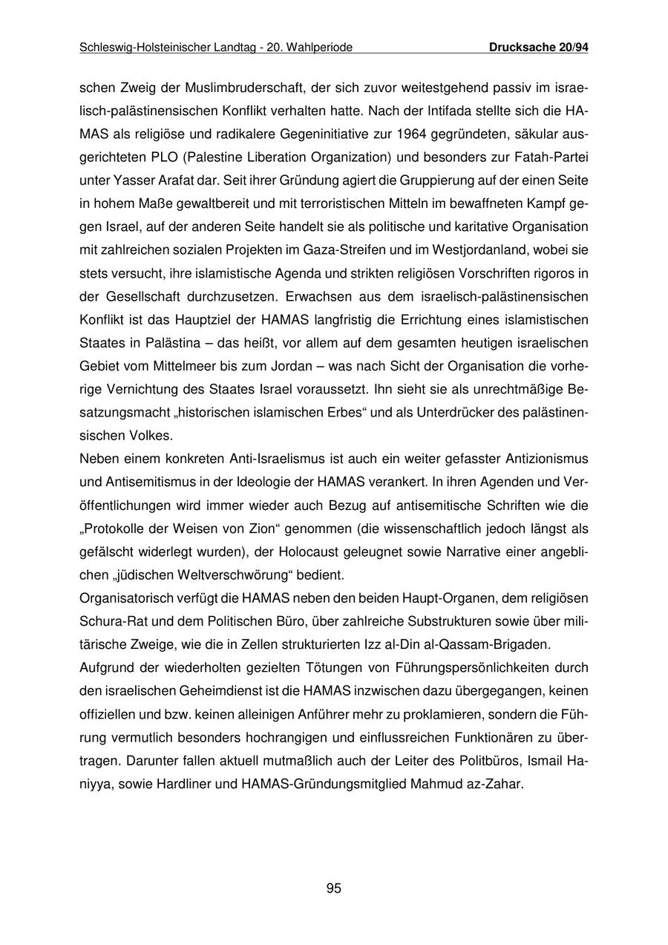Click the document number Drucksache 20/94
point(539,48)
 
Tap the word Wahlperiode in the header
point(320,48)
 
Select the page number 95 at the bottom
point(333,888)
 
